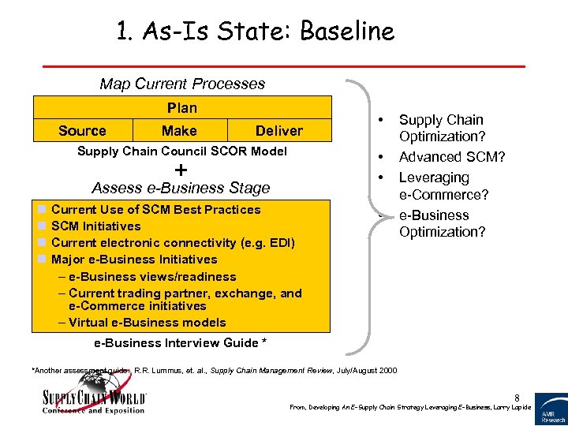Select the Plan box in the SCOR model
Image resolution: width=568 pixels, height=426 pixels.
[181, 107]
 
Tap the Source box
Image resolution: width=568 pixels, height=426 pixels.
[82, 131]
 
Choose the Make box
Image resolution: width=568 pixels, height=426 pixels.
[179, 131]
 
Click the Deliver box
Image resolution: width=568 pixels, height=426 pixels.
[278, 131]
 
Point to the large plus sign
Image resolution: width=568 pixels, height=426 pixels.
[181, 170]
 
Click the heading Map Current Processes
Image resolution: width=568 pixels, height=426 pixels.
[182, 84]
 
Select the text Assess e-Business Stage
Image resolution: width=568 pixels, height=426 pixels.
[181, 188]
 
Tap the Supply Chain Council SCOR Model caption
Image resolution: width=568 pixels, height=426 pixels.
[181, 151]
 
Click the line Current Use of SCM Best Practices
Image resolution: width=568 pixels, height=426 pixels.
[155, 209]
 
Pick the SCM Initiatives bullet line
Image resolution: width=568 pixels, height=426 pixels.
[95, 226]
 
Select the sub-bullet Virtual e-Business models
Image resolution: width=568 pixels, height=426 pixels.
[147, 322]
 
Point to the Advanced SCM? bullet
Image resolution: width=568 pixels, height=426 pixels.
[452, 157]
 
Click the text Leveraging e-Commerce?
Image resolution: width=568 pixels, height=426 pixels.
[442, 186]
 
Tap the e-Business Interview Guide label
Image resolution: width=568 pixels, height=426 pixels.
[180, 342]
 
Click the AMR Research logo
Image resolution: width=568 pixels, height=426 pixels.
[551, 409]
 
